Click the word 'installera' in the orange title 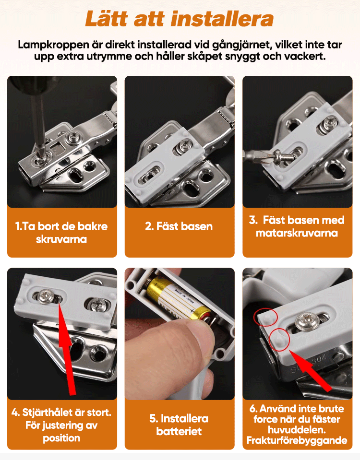pos(222,19)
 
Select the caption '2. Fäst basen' pos(179,226)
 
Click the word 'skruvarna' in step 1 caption pos(61,239)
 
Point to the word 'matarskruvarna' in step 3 pos(297,233)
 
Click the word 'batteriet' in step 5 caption pos(179,431)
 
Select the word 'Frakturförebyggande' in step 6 pos(297,440)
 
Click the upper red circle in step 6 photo pos(266,317)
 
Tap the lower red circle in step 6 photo pos(280,340)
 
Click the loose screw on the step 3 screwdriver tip pos(284,156)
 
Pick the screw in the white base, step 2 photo pos(186,145)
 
